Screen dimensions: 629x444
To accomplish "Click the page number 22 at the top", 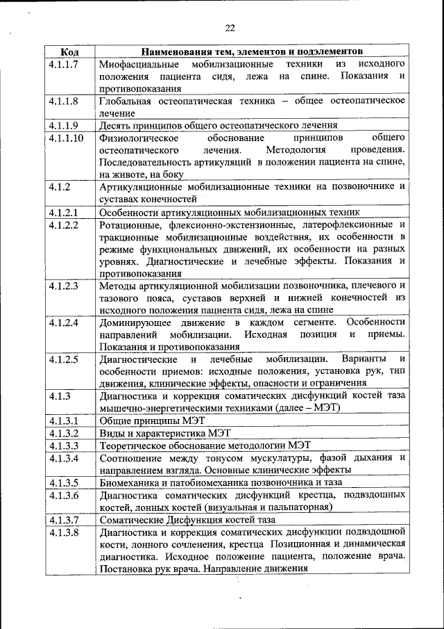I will point(230,28).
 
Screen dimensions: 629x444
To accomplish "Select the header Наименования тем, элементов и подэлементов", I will point(252,52).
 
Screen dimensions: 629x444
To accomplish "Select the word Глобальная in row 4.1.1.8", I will point(123,101).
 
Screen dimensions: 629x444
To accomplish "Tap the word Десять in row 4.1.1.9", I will point(114,126).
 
